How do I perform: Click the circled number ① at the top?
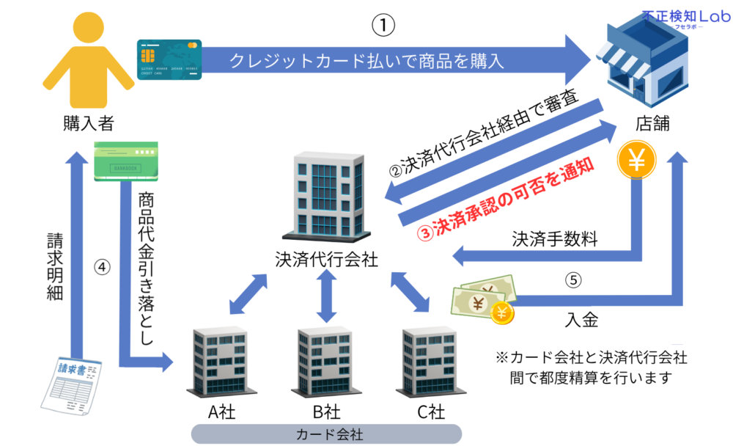383,25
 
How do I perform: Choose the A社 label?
221,412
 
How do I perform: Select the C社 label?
431,412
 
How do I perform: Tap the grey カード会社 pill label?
326,434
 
